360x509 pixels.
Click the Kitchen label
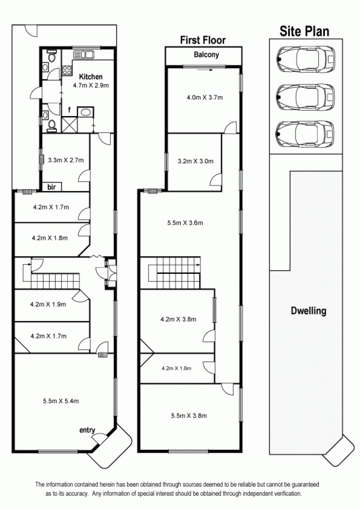pyautogui.click(x=90, y=77)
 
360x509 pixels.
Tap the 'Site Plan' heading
pyautogui.click(x=305, y=31)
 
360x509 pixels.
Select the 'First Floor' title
pyautogui.click(x=203, y=40)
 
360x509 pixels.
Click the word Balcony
pyautogui.click(x=206, y=54)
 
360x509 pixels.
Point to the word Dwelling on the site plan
pyautogui.click(x=308, y=311)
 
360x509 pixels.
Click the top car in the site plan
pyautogui.click(x=306, y=59)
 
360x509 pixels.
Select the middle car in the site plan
pyautogui.click(x=306, y=97)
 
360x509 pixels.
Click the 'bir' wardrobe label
pyautogui.click(x=51, y=187)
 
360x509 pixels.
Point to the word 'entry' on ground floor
pyautogui.click(x=87, y=430)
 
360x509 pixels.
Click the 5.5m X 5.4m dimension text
pyautogui.click(x=61, y=401)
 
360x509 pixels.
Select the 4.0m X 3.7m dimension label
pyautogui.click(x=205, y=98)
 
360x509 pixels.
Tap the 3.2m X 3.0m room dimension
pyautogui.click(x=196, y=161)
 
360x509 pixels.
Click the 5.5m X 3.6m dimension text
pyautogui.click(x=185, y=223)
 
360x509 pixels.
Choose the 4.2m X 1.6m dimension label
pyautogui.click(x=176, y=368)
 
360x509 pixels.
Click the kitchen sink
pyautogui.click(x=84, y=54)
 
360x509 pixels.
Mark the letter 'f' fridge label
pyautogui.click(x=69, y=111)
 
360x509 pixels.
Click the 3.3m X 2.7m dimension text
pyautogui.click(x=66, y=160)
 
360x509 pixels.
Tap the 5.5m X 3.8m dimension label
pyautogui.click(x=189, y=415)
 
